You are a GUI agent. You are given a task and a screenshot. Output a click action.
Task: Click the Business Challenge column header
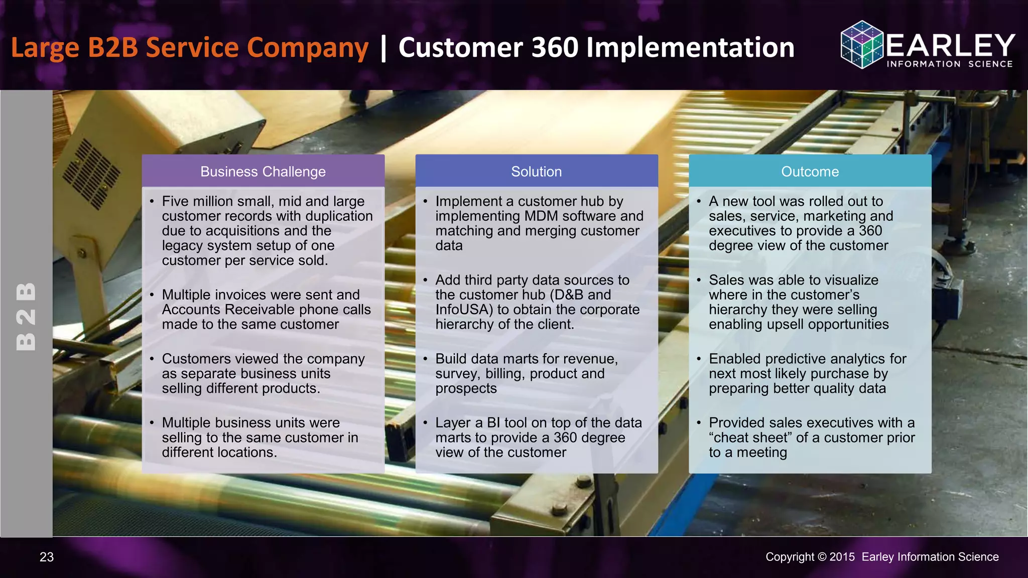click(x=263, y=172)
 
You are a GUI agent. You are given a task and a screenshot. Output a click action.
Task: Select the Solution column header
click(x=536, y=172)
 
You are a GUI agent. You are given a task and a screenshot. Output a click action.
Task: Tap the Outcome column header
click(x=810, y=172)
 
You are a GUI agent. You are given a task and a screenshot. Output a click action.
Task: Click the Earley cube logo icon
click(x=861, y=45)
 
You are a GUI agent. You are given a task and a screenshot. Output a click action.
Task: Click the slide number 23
click(x=47, y=557)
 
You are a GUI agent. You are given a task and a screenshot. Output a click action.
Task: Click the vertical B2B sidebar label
click(x=26, y=316)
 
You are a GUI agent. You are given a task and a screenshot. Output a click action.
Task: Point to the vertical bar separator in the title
click(x=383, y=48)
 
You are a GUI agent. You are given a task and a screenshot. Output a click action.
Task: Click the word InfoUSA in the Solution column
click(x=462, y=310)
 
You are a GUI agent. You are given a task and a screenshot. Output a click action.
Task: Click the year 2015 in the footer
click(x=842, y=557)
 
